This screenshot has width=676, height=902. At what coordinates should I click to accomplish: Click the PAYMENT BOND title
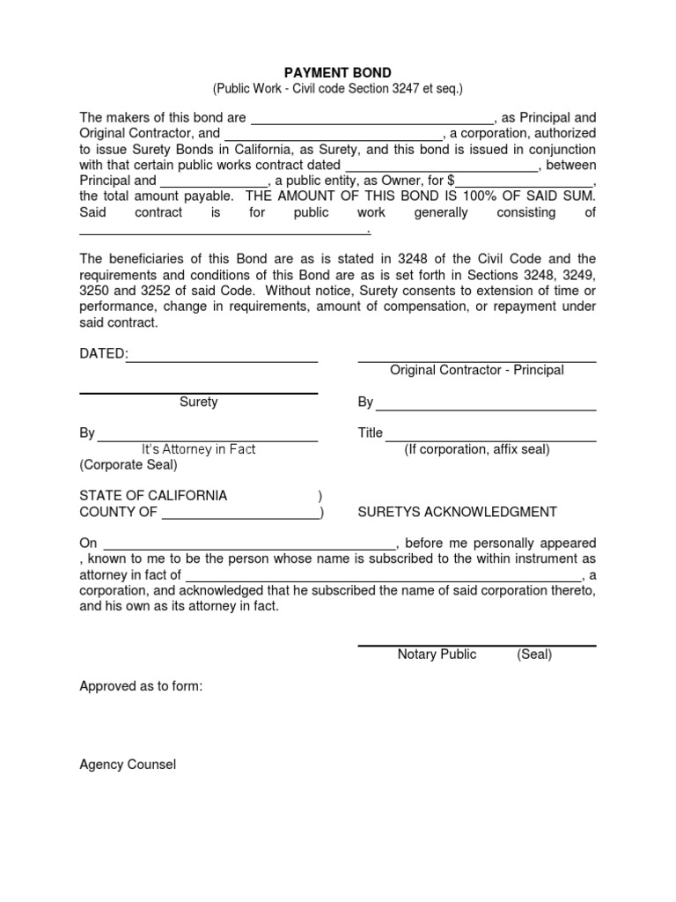pos(337,73)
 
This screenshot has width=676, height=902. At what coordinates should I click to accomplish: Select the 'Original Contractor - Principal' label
pos(477,371)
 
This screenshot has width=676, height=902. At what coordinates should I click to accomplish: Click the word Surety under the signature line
pos(199,403)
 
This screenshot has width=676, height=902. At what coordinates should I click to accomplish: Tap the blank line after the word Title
pos(490,434)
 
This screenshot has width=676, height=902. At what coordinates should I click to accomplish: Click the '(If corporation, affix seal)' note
pos(477,450)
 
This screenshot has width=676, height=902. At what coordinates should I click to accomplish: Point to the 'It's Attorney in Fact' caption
pos(199,450)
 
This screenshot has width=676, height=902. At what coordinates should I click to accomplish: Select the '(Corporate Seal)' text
pos(129,465)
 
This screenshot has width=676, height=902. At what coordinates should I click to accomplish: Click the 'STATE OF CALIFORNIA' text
pos(153,496)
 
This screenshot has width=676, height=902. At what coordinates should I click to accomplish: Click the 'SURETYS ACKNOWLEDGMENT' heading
pos(457,513)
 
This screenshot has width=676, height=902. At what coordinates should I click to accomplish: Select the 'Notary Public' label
pos(437,654)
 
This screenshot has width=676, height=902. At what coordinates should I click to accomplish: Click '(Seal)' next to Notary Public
pos(534,654)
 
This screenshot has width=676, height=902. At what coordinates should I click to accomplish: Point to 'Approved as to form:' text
pos(141,686)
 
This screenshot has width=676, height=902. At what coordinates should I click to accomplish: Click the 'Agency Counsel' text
pos(128,765)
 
